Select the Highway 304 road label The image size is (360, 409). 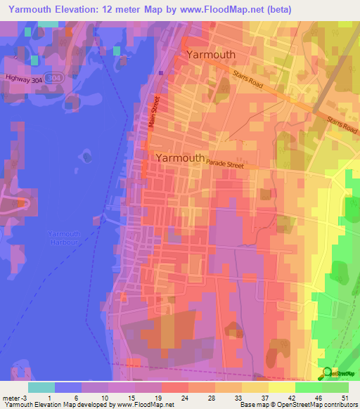tap(22, 79)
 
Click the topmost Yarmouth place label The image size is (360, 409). tap(211, 54)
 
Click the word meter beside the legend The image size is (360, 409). tap(12, 397)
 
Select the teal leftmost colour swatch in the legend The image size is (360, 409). tap(41, 387)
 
